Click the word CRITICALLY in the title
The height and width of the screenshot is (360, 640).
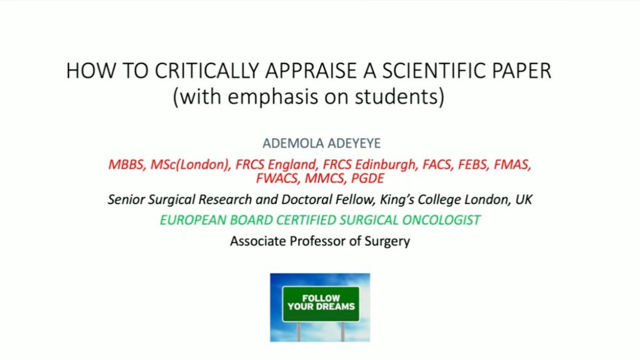tap(207, 70)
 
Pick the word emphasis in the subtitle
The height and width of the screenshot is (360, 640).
tap(273, 97)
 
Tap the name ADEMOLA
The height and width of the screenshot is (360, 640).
tap(293, 143)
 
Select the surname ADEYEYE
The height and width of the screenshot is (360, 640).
tap(354, 143)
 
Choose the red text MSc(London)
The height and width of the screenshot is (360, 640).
tap(190, 165)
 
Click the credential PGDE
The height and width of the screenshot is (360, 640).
tap(367, 179)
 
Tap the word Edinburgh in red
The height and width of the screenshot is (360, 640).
tap(386, 165)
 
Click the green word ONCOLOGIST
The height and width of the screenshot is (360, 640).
tap(442, 220)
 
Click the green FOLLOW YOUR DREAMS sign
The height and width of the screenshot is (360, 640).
tap(321, 304)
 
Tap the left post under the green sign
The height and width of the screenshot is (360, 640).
tap(299, 332)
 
